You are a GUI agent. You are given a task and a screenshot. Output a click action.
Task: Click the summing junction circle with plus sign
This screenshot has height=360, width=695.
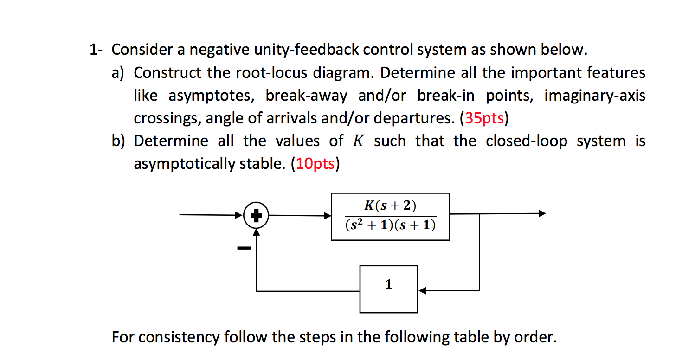257,215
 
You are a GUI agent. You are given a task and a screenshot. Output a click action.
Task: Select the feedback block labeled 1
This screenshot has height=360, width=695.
389,289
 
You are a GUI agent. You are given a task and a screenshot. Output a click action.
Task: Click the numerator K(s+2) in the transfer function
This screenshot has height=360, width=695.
390,206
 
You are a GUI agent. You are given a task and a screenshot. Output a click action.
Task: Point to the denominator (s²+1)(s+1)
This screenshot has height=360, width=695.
390,225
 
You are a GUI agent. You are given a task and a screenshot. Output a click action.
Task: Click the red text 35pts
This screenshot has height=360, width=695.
483,119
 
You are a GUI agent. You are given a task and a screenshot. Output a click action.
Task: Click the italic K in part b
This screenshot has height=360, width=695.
356,141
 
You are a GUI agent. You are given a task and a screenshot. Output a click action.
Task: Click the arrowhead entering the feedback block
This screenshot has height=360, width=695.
423,291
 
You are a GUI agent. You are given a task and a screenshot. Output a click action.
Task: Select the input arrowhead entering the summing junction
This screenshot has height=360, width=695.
239,215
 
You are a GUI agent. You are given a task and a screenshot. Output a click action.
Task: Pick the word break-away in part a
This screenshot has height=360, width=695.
306,96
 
